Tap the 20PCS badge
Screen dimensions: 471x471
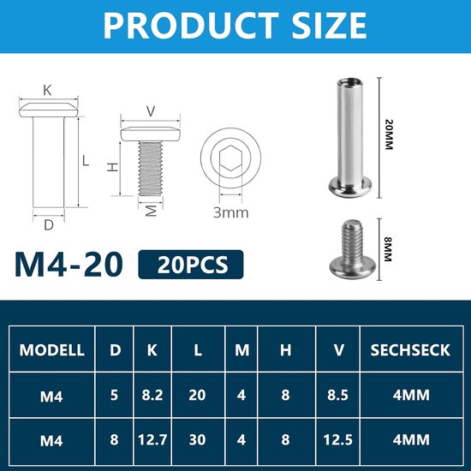(x=191, y=265)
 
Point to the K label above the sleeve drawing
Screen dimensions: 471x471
(x=49, y=89)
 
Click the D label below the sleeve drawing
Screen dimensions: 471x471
(x=49, y=225)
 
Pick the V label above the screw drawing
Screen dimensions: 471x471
(x=152, y=110)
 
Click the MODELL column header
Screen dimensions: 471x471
(x=51, y=349)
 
